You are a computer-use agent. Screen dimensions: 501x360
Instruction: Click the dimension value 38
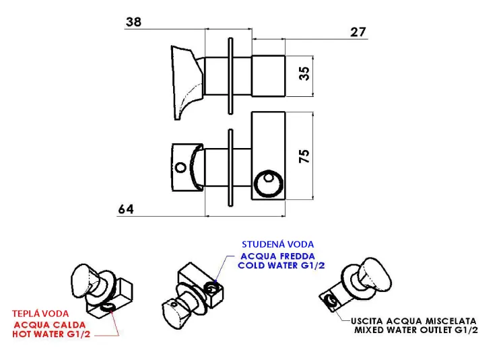pyautogui.click(x=133, y=22)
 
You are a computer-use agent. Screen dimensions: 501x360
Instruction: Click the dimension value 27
pyautogui.click(x=358, y=32)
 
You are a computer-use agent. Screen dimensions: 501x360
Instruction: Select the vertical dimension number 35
pyautogui.click(x=304, y=73)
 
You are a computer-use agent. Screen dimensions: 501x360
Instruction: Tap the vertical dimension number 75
pyautogui.click(x=304, y=156)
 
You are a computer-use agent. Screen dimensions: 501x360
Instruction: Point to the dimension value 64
pyautogui.click(x=126, y=209)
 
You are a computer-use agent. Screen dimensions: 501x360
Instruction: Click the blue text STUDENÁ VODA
pyautogui.click(x=277, y=244)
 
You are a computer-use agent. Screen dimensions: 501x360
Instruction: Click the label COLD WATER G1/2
pyautogui.click(x=281, y=266)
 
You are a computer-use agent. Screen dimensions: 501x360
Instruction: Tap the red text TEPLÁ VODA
pyautogui.click(x=40, y=314)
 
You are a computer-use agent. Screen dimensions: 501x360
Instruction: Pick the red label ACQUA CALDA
pyautogui.click(x=50, y=325)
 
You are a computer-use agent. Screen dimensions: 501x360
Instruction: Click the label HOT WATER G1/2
pyautogui.click(x=51, y=334)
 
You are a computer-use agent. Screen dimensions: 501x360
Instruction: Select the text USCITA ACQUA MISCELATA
pyautogui.click(x=413, y=321)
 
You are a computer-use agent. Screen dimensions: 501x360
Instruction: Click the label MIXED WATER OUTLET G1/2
pyautogui.click(x=416, y=330)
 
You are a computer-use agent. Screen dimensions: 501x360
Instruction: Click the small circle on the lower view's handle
pyautogui.click(x=181, y=168)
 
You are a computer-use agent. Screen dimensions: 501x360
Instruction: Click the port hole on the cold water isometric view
pyautogui.click(x=211, y=289)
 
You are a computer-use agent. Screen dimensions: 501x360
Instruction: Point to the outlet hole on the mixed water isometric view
pyautogui.click(x=330, y=301)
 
